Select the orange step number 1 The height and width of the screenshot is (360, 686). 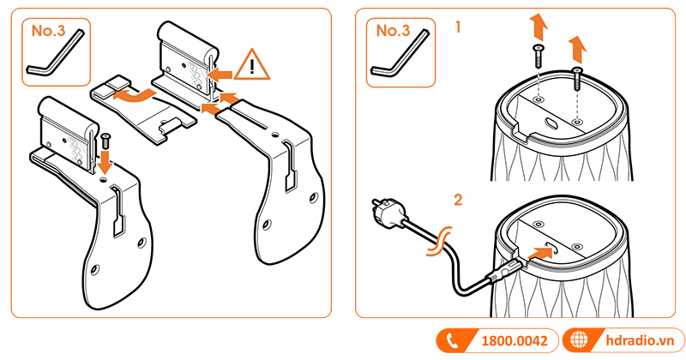459,27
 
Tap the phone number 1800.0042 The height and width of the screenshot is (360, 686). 514,340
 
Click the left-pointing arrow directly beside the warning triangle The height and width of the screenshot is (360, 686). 221,75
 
